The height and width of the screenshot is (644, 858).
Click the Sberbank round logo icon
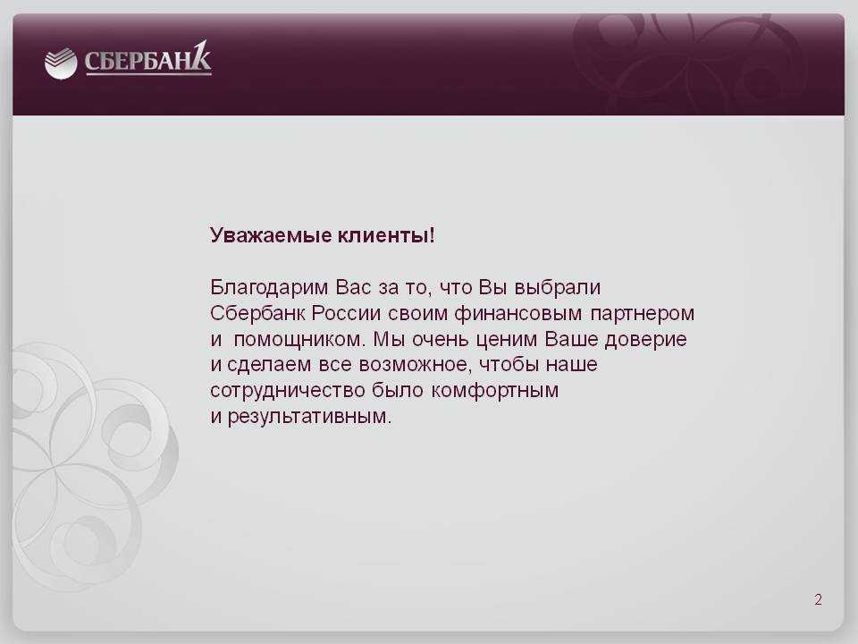pos(61,64)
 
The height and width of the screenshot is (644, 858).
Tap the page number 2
pos(818,599)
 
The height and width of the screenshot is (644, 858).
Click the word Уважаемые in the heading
pos(271,235)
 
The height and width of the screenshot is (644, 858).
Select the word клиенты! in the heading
pos(386,235)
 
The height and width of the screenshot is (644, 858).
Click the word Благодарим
pos(269,288)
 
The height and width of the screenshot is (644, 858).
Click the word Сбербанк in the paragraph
pos(257,314)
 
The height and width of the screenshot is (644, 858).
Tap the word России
pos(347,313)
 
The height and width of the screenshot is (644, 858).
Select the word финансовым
pos(518,314)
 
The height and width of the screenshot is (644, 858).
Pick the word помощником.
pos(299,340)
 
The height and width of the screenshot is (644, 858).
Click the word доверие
pos(645,340)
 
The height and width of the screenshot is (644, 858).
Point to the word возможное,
pos(416,365)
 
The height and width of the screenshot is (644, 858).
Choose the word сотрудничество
pos(288,391)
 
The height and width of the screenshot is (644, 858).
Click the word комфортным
pos(494,391)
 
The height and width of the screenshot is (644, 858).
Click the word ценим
pos(507,340)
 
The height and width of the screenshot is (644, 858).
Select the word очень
pos(441,340)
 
